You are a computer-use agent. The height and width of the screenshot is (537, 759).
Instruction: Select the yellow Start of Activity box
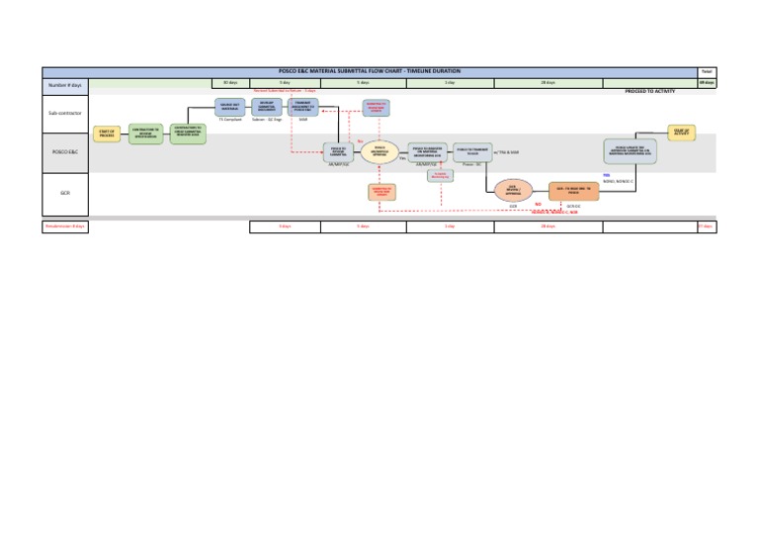click(680, 131)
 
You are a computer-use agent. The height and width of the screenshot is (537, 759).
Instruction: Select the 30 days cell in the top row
click(231, 83)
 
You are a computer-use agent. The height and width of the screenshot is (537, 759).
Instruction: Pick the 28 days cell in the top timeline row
click(548, 83)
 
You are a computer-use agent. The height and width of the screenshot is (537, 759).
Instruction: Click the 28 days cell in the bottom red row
click(548, 226)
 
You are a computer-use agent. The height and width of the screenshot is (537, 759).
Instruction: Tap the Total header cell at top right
click(707, 72)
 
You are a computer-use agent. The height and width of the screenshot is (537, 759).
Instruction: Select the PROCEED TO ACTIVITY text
click(650, 90)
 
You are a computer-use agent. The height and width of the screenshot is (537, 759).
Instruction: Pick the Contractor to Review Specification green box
click(146, 133)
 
